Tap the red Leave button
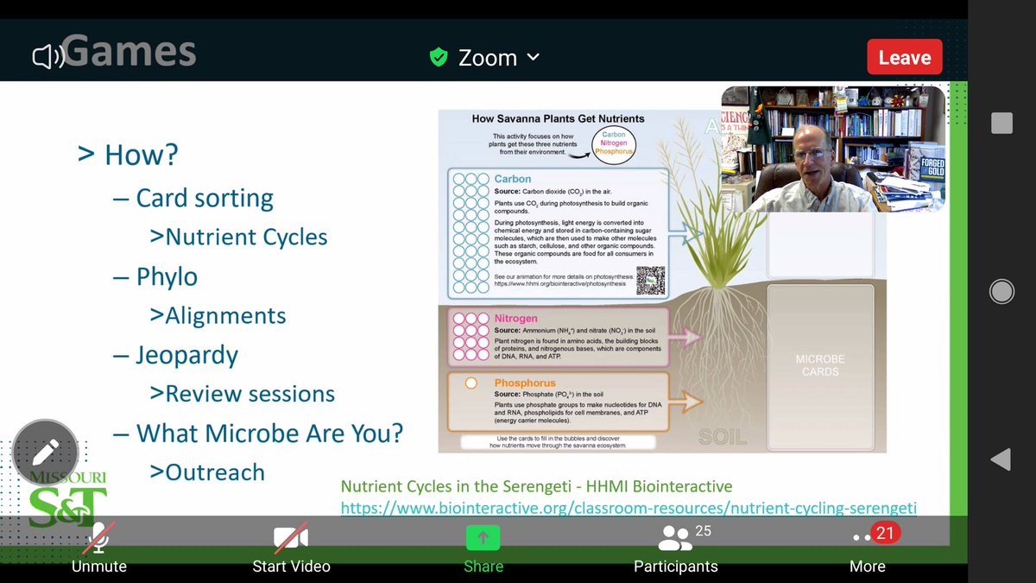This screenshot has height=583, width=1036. pos(904,58)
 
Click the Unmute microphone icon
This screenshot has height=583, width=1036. pos(99,537)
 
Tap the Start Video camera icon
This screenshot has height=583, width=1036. pos(291,538)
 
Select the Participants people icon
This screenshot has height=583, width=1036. pos(674,537)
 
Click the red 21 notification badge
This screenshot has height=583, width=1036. pos(885,533)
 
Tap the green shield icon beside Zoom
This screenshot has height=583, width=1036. pos(439,58)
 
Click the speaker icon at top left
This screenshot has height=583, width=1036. pos(47,57)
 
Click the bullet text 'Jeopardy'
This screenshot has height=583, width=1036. pos(186,355)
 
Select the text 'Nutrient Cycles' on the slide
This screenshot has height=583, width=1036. pos(246,237)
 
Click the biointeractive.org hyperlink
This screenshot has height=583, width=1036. pos(629,508)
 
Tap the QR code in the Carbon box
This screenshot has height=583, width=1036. pos(651,281)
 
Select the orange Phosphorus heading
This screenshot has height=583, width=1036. pos(525,383)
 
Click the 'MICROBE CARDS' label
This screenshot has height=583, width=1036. pos(820,365)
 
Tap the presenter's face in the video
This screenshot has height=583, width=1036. pos(812,156)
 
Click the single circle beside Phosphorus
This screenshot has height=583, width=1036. pos(471,383)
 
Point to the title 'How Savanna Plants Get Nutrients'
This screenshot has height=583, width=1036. pos(558,118)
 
